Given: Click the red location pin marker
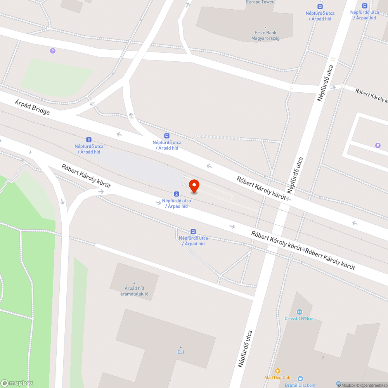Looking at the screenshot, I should [x=194, y=186].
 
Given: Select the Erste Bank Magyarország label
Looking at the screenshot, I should [x=265, y=35].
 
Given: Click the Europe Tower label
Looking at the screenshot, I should [x=260, y=2].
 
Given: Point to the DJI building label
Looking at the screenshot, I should [x=180, y=352].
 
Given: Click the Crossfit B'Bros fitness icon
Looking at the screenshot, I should [x=299, y=312].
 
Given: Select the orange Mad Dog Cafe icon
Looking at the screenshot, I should [x=277, y=371].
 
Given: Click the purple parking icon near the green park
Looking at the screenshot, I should [x=53, y=50].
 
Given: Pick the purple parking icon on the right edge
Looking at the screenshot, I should [x=378, y=145].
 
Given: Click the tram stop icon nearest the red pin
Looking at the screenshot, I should [x=177, y=194].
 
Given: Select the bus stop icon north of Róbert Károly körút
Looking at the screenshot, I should [x=167, y=135].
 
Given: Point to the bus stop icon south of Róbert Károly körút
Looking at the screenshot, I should [x=193, y=231].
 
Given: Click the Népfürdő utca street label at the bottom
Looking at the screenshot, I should [x=246, y=348].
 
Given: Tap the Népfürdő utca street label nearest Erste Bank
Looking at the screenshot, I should [x=325, y=83].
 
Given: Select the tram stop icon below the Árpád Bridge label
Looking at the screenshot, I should [x=89, y=139].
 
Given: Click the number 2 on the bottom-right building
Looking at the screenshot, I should [x=323, y=357].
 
